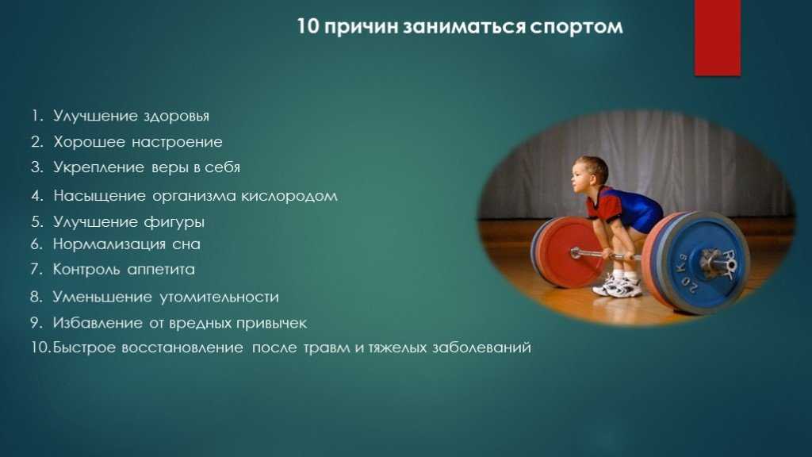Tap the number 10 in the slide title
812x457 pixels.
pyautogui.click(x=308, y=26)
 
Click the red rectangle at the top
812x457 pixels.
pyautogui.click(x=717, y=37)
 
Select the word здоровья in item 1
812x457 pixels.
pyautogui.click(x=177, y=116)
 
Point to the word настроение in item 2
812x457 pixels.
pyautogui.click(x=177, y=142)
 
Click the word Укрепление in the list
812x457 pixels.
pyautogui.click(x=98, y=168)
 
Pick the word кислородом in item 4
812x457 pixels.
pyautogui.click(x=289, y=197)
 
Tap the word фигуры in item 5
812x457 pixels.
pyautogui.click(x=174, y=222)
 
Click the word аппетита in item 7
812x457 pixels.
pyautogui.click(x=161, y=270)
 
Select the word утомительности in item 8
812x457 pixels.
pyautogui.click(x=219, y=297)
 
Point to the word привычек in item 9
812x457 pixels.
pyautogui.click(x=271, y=324)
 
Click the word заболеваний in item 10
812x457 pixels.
pyautogui.click(x=481, y=348)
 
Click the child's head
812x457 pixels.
pyautogui.click(x=590, y=175)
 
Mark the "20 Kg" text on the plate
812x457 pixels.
pyautogui.click(x=686, y=275)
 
